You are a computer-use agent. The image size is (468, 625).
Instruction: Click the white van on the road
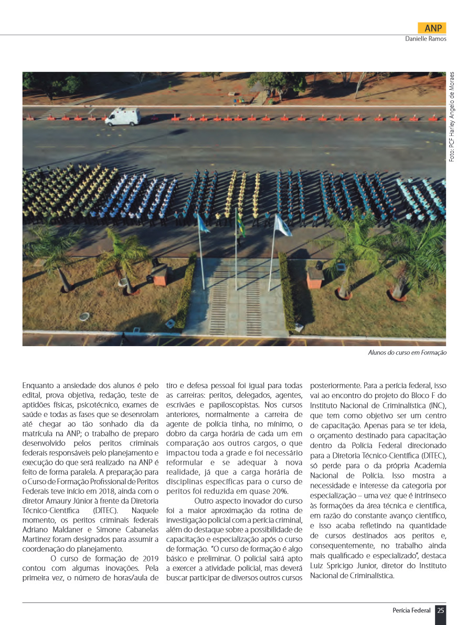[x=122, y=116]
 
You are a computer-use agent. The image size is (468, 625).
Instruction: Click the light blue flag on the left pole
[x=203, y=224]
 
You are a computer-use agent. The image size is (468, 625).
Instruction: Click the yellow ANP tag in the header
[x=432, y=28]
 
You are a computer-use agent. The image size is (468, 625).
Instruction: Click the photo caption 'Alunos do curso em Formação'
[x=407, y=353]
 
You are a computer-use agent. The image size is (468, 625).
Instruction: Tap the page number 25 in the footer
[x=441, y=610]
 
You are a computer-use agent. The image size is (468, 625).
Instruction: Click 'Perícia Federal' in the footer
[x=411, y=610]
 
